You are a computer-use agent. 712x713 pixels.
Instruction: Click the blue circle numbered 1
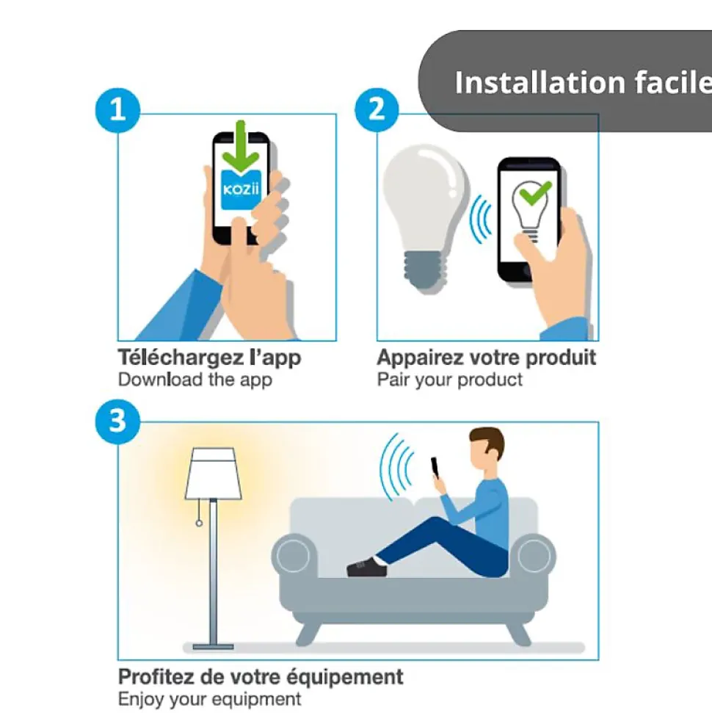click(x=117, y=110)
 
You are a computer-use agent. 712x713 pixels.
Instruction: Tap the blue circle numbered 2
click(x=377, y=110)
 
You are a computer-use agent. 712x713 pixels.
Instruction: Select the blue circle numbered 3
click(x=117, y=421)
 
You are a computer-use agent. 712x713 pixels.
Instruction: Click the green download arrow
click(x=241, y=146)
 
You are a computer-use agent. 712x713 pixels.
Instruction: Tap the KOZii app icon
click(x=241, y=189)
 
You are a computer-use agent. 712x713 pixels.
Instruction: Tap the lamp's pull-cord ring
click(x=199, y=524)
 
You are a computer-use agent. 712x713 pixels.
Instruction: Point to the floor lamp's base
click(x=214, y=647)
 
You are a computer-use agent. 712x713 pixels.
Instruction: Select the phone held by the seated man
click(x=435, y=467)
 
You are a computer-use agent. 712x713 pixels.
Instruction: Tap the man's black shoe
click(x=367, y=567)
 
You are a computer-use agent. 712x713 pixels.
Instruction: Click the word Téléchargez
click(x=181, y=358)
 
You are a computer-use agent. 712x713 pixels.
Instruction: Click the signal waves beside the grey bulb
click(x=481, y=219)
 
